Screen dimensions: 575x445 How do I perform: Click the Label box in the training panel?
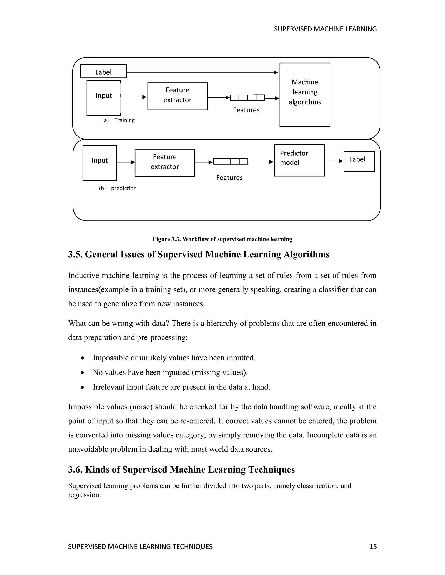[x=103, y=72]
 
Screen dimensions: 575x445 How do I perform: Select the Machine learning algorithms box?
[x=305, y=95]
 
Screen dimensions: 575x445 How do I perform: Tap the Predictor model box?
[x=299, y=160]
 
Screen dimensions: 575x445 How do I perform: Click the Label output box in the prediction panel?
[x=359, y=161]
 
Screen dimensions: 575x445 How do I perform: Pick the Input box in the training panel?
[x=104, y=98]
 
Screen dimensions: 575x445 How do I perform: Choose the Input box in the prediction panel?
[x=100, y=163]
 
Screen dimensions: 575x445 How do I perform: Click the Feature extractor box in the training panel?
[x=178, y=96]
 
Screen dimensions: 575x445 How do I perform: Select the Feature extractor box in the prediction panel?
[x=165, y=163]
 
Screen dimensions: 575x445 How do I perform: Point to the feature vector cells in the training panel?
[x=247, y=98]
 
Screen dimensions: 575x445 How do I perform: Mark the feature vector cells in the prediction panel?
[x=230, y=161]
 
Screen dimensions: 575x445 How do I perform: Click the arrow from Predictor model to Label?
[x=334, y=161]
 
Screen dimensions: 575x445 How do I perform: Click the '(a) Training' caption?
[x=118, y=120]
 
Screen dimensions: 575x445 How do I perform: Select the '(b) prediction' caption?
[x=118, y=188]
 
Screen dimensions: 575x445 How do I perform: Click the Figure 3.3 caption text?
[x=222, y=239]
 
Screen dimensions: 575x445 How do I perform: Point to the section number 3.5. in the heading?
[x=75, y=255]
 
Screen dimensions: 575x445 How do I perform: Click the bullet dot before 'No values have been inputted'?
[x=83, y=373]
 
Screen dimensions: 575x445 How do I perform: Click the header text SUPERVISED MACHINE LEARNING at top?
[x=325, y=29]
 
